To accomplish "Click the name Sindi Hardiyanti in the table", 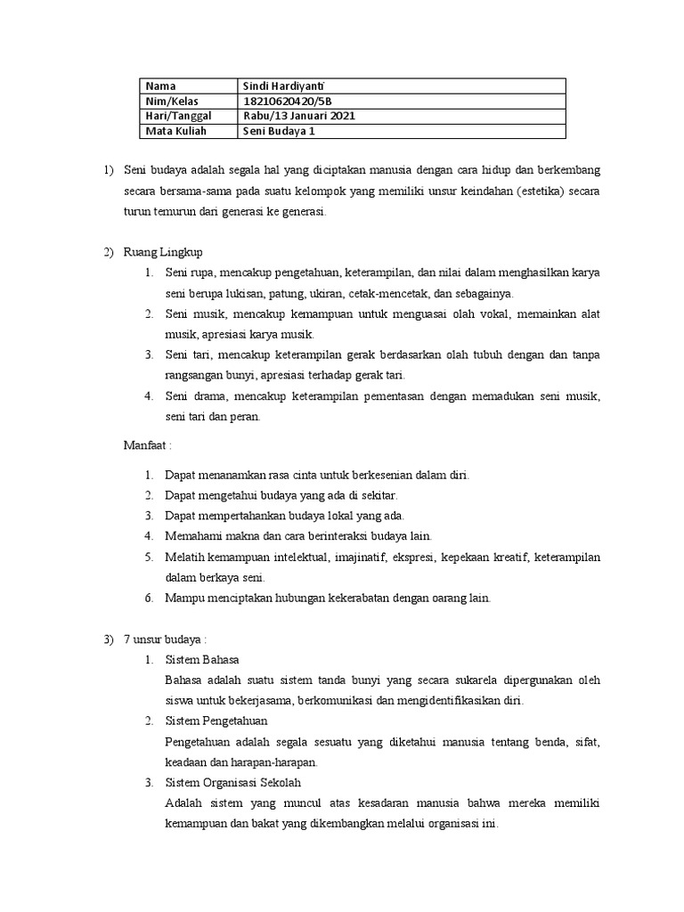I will click(282, 86).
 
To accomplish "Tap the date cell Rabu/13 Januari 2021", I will click(297, 117).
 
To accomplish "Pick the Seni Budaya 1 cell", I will click(280, 132).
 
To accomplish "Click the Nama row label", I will click(160, 86).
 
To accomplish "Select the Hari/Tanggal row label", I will click(175, 117).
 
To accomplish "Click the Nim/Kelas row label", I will click(168, 102).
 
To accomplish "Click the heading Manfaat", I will click(146, 445).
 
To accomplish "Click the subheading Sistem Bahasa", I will click(197, 660).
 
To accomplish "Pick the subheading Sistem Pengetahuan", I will click(216, 721).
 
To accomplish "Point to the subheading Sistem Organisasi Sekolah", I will click(234, 782).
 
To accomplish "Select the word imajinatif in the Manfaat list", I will click(359, 558).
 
